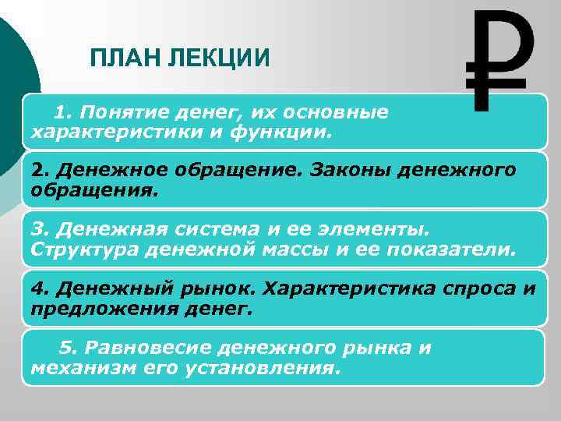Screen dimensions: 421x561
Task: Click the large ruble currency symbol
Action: (499, 60)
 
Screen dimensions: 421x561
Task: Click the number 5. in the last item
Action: (69, 348)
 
